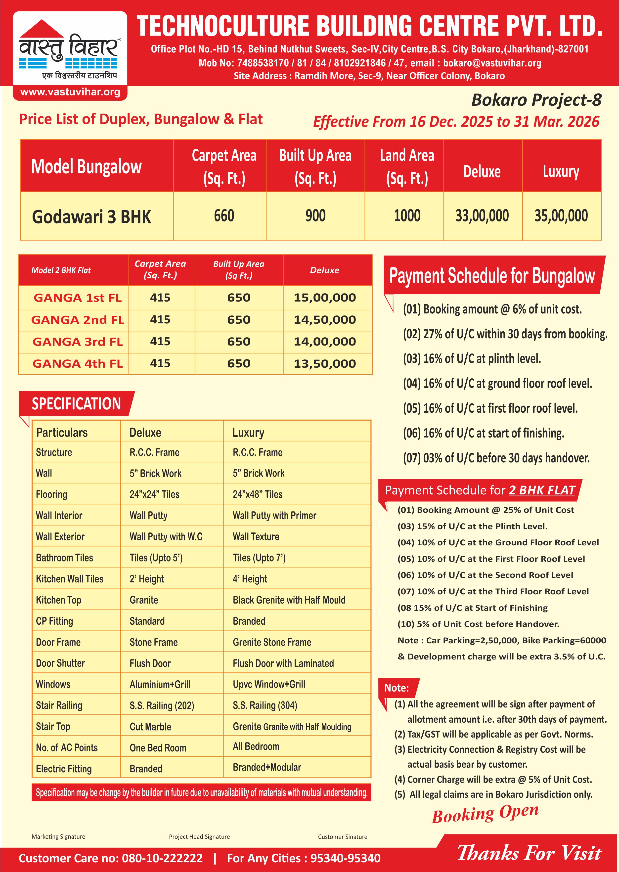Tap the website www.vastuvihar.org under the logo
[x=70, y=92]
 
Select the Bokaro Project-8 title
[x=536, y=100]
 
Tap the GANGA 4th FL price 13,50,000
[x=324, y=364]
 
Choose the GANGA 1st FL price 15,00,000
[x=324, y=298]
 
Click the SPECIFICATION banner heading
[x=76, y=404]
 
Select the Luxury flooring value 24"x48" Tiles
[x=258, y=494]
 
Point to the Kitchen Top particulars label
[x=58, y=600]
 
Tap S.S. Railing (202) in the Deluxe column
[x=162, y=705]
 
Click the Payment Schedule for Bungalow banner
[x=492, y=276]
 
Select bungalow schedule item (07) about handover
[x=496, y=458]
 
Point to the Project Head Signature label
[x=199, y=836]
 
